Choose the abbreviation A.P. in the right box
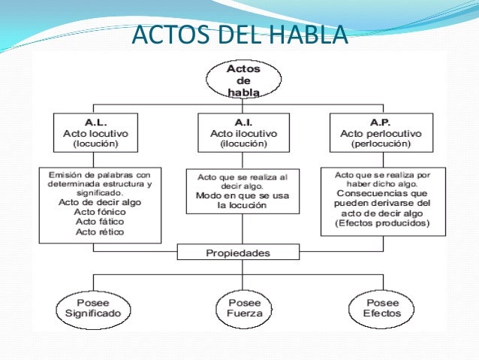pyautogui.click(x=380, y=122)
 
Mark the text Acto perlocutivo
pyautogui.click(x=380, y=132)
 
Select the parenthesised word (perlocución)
pyautogui.click(x=380, y=143)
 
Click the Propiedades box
pyautogui.click(x=239, y=253)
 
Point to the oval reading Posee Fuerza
pyautogui.click(x=239, y=308)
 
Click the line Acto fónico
pyautogui.click(x=100, y=211)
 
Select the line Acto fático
pyautogui.click(x=100, y=222)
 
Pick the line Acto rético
pyautogui.click(x=100, y=231)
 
